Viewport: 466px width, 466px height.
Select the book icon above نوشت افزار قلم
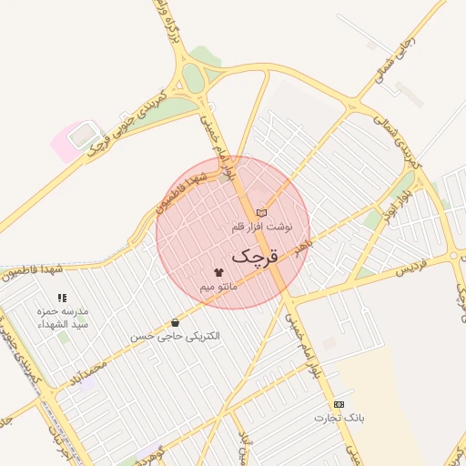pos(262,212)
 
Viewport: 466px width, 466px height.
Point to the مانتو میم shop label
pos(218,287)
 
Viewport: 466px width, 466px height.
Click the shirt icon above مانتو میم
pos(218,272)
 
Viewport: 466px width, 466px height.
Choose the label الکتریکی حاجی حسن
pos(176,337)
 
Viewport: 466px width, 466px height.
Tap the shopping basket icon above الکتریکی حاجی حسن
pos(175,322)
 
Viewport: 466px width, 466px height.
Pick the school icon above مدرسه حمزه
pos(62,298)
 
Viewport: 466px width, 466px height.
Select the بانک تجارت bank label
pos(339,419)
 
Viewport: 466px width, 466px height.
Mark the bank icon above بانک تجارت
pos(339,403)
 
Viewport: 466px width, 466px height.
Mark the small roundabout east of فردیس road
pos(454,256)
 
